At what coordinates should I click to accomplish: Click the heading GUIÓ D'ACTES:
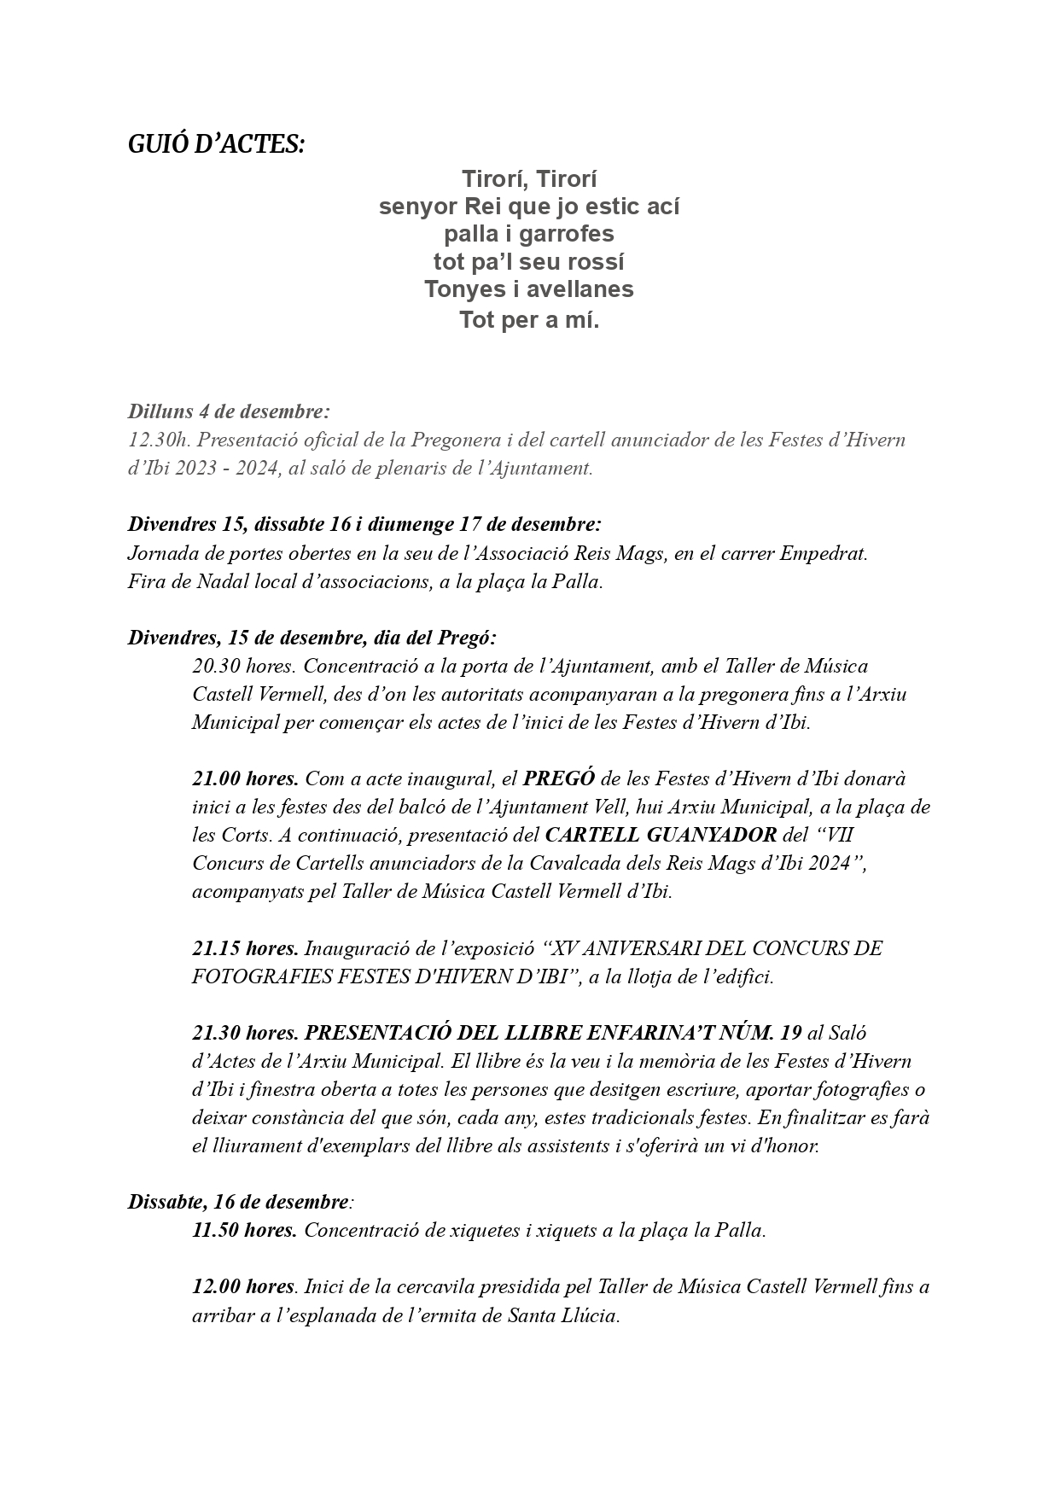click(x=216, y=145)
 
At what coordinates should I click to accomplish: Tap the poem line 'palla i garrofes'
click(x=528, y=234)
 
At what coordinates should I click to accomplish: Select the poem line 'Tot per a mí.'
click(x=528, y=321)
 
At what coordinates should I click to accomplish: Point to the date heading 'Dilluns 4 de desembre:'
click(x=229, y=411)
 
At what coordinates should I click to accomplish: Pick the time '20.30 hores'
click(x=243, y=666)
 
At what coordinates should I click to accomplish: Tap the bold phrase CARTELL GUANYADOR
click(x=661, y=835)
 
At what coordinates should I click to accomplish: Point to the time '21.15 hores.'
click(x=245, y=948)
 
